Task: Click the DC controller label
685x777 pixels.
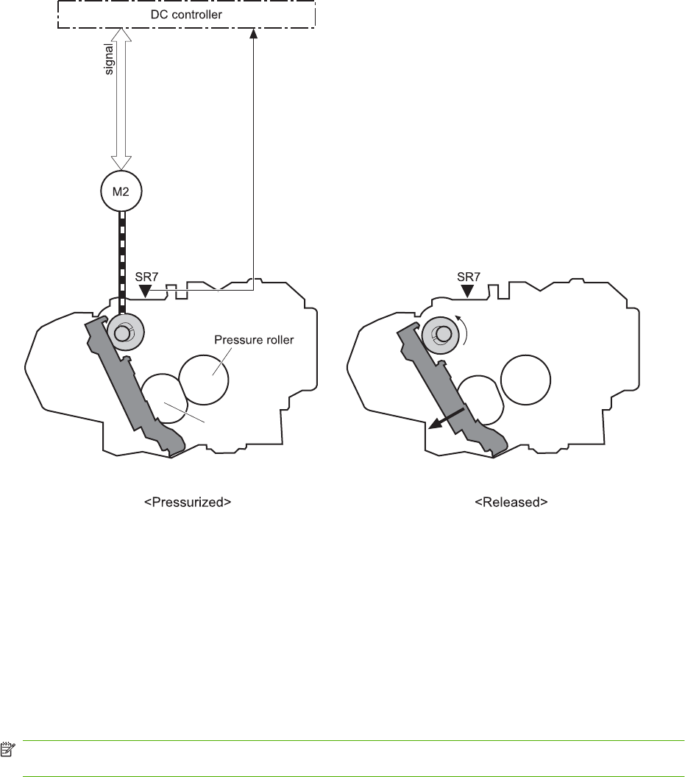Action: pyautogui.click(x=187, y=14)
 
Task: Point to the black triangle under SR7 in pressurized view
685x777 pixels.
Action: pyautogui.click(x=146, y=292)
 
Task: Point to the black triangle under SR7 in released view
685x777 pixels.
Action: pyautogui.click(x=466, y=292)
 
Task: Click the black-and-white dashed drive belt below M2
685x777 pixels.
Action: pyautogui.click(x=122, y=250)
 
